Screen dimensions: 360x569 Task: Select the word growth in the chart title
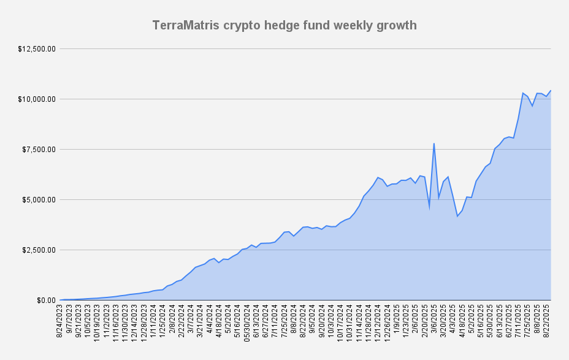click(396, 25)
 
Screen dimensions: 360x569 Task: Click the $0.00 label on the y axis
click(45, 300)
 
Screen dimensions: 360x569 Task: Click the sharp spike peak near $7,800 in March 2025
click(434, 144)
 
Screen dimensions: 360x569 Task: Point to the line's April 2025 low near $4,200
click(457, 216)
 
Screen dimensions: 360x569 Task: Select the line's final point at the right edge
click(551, 91)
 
